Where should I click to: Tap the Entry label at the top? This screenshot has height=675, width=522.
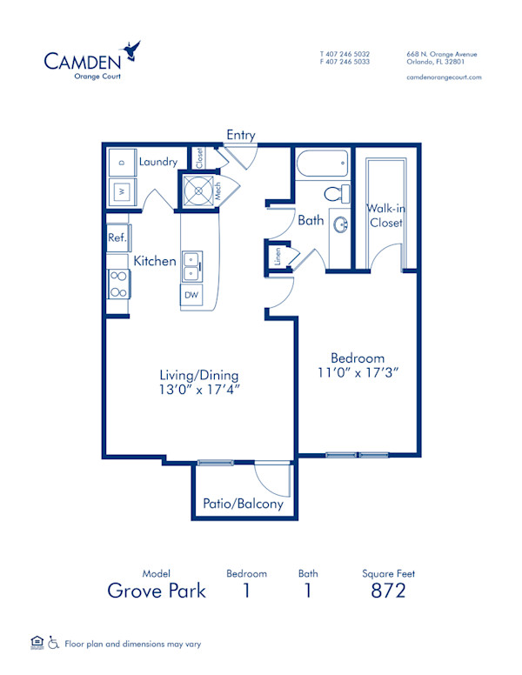pos(241,135)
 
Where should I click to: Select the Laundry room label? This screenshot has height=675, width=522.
pos(157,162)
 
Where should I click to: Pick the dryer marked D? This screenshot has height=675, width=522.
pos(122,163)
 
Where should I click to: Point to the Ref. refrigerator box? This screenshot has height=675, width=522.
pos(117,237)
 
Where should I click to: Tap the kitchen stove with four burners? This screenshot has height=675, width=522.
pos(118,284)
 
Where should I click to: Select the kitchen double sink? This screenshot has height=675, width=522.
pos(192,267)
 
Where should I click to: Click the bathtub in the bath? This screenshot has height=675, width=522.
pos(322,163)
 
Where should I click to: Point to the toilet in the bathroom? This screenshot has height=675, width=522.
pos(335,192)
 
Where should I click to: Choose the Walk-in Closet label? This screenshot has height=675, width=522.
pos(385,215)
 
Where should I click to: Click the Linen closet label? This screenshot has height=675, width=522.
pos(277,257)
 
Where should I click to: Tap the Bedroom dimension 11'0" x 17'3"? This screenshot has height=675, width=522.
pos(358,371)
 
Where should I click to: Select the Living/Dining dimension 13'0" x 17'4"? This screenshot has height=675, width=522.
pos(199,390)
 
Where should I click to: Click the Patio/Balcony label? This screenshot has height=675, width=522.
pos(244,504)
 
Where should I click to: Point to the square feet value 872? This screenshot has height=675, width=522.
pos(388,591)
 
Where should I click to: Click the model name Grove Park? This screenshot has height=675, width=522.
pos(157,591)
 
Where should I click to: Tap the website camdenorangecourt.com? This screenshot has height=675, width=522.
pos(444,77)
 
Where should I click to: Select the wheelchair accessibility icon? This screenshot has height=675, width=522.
pos(54,644)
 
